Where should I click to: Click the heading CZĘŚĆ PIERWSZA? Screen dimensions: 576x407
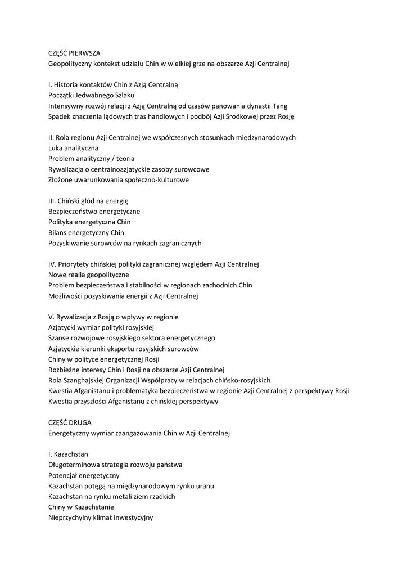pyautogui.click(x=74, y=53)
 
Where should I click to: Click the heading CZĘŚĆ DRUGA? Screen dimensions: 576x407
pyautogui.click(x=70, y=422)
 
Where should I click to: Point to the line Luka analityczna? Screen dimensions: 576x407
pyautogui.click(x=73, y=148)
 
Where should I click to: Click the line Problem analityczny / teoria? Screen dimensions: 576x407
pyautogui.click(x=91, y=159)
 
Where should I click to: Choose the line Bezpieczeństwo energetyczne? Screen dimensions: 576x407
pyautogui.click(x=94, y=211)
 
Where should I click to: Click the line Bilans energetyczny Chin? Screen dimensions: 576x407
pyautogui.click(x=86, y=233)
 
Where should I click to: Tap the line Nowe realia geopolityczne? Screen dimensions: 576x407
pyautogui.click(x=88, y=275)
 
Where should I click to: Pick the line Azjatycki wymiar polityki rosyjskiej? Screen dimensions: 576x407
pyautogui.click(x=101, y=327)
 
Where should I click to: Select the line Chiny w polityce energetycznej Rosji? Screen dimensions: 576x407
pyautogui.click(x=104, y=359)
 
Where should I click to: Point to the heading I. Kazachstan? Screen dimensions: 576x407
pyautogui.click(x=68, y=454)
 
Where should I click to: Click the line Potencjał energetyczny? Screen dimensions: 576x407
pyautogui.click(x=84, y=475)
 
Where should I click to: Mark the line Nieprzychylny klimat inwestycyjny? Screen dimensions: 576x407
pyautogui.click(x=101, y=517)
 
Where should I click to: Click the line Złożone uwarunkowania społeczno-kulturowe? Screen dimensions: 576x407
pyautogui.click(x=118, y=180)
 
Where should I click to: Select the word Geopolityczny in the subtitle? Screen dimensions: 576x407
pyautogui.click(x=70, y=64)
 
